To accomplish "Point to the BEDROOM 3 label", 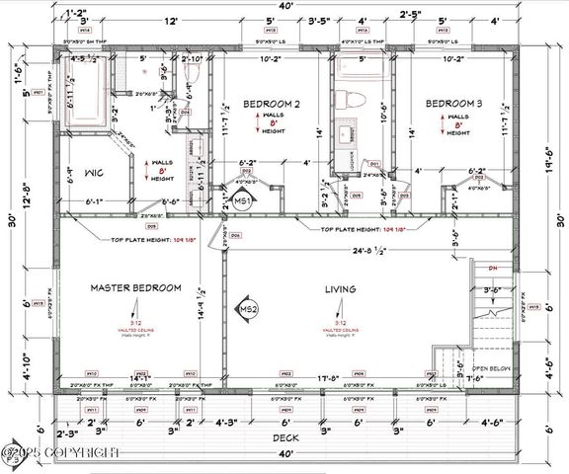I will tap(452, 104).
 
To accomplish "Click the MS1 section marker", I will tap(241, 201).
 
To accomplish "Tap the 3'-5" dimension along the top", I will tap(319, 20).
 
